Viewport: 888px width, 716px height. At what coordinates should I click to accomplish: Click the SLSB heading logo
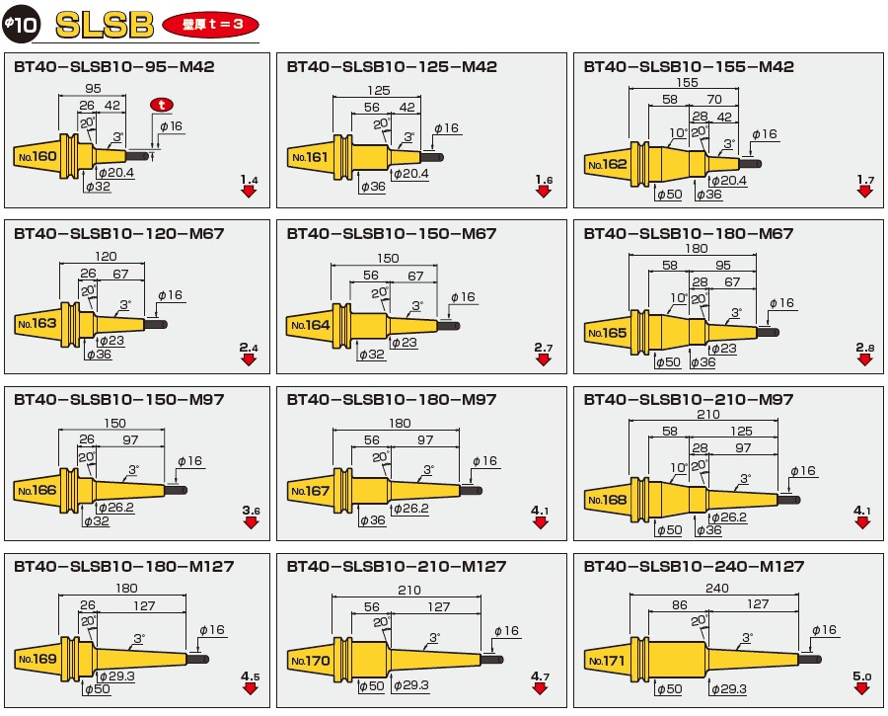(105, 25)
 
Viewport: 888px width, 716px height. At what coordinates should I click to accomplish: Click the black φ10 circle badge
(21, 24)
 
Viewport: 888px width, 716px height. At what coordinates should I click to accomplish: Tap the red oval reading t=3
(211, 25)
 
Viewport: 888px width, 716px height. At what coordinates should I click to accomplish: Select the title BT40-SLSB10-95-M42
(114, 67)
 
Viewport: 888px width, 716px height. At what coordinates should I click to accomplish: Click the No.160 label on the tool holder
(37, 156)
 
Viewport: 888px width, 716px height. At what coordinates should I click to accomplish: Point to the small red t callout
(162, 105)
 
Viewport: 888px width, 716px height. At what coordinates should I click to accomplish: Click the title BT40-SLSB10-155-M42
(689, 67)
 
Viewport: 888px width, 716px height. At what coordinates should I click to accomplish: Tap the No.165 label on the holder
(607, 333)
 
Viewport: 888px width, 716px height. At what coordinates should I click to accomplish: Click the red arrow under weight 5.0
(862, 688)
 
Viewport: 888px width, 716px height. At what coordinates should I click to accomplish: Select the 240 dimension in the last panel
(716, 589)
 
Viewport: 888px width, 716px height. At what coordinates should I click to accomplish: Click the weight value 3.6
(251, 511)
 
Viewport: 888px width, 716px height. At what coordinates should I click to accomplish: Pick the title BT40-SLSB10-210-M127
(397, 566)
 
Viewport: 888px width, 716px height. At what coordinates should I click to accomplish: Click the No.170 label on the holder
(311, 661)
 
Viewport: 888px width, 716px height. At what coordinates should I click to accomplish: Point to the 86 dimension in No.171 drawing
(680, 604)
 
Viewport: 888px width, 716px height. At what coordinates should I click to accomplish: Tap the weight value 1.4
(250, 180)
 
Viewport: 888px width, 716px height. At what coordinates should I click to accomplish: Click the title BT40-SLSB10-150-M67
(392, 234)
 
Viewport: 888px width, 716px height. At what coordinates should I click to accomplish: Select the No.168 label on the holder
(607, 500)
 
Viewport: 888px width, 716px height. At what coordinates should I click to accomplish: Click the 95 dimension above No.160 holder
(93, 89)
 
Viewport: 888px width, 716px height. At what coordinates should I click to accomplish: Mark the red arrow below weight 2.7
(543, 360)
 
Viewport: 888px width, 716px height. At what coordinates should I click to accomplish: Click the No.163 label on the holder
(37, 324)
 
